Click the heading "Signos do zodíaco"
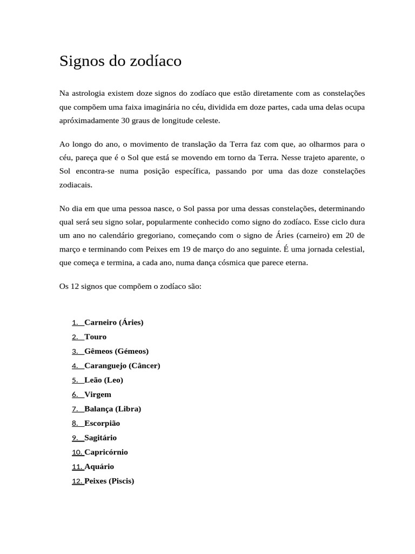(120, 62)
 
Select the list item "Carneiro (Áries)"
(114, 322)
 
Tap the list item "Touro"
(96, 337)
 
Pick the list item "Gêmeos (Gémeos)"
(117, 351)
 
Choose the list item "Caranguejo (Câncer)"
(123, 366)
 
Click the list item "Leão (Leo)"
(104, 380)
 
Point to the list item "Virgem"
(98, 394)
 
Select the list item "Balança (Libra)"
(113, 409)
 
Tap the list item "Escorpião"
(102, 424)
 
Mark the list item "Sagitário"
(101, 438)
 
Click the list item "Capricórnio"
(106, 452)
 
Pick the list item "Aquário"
(99, 466)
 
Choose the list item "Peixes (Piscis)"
(109, 481)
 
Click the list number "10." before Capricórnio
(77, 452)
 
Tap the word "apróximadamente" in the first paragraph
(89, 121)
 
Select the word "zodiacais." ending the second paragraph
(76, 184)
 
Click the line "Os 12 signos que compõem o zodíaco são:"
(130, 286)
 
